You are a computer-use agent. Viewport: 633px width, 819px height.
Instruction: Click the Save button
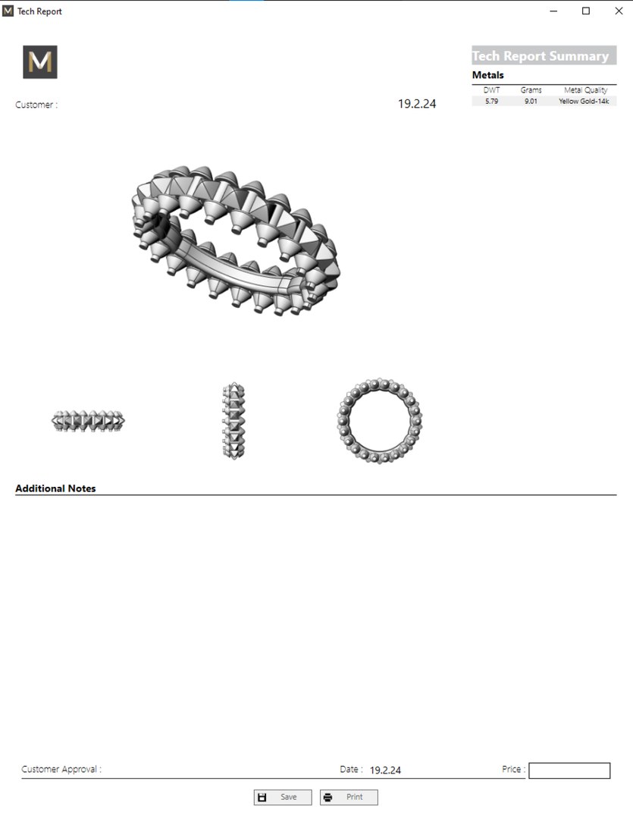(x=283, y=797)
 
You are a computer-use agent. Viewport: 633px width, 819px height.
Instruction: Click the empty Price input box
(x=569, y=770)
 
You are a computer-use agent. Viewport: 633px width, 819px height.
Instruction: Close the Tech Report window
(x=618, y=11)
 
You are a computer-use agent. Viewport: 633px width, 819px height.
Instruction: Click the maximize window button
(x=586, y=11)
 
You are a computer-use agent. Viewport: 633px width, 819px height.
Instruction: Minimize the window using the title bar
(x=554, y=11)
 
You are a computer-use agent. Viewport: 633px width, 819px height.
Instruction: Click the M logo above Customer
(x=40, y=62)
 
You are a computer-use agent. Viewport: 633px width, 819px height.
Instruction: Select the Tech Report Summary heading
(x=541, y=56)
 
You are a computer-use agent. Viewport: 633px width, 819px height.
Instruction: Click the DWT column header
(x=491, y=90)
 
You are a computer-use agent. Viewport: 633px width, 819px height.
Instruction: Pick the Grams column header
(x=531, y=90)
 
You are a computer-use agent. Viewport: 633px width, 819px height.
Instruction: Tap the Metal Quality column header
(x=585, y=90)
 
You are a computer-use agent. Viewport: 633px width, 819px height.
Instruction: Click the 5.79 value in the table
(x=491, y=101)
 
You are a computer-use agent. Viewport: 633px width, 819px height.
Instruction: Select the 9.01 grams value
(x=531, y=101)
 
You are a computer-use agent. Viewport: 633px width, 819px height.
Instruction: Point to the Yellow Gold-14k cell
(x=584, y=101)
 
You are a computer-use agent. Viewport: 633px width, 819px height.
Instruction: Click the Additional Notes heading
(x=55, y=488)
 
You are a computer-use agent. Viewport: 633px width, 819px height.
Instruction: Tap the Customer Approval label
(x=61, y=769)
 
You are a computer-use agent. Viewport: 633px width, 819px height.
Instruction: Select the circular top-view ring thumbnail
(x=379, y=420)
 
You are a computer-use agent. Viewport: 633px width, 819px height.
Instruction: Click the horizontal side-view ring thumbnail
(x=88, y=420)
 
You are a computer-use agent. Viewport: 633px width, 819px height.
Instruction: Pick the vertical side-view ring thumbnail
(x=233, y=420)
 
